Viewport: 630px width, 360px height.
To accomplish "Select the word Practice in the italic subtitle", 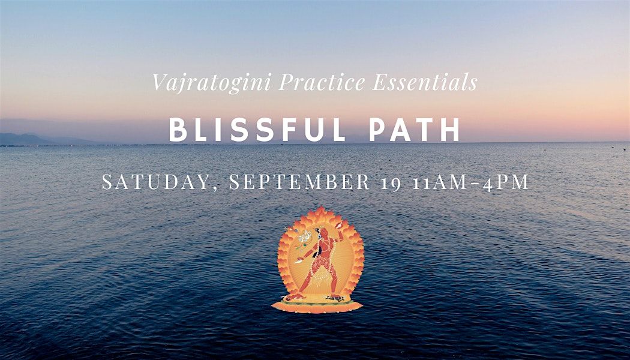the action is click(x=322, y=82).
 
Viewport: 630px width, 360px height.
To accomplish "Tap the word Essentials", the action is click(x=425, y=82).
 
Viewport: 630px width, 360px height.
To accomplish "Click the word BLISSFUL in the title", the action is click(x=257, y=130).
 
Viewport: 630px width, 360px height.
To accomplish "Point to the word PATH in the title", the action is click(x=415, y=130).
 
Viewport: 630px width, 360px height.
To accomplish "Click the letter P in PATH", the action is click(x=378, y=130).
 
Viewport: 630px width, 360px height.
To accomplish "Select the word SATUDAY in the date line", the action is click(x=154, y=182).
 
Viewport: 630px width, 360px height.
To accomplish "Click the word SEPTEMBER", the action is click(x=300, y=182).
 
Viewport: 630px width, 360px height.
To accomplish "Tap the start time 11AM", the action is click(x=440, y=182).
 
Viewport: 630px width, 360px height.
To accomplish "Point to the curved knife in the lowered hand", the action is click(x=299, y=260).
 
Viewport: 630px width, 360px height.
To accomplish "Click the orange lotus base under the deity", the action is click(x=317, y=304).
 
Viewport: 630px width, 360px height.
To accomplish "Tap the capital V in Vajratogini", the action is click(x=160, y=82).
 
